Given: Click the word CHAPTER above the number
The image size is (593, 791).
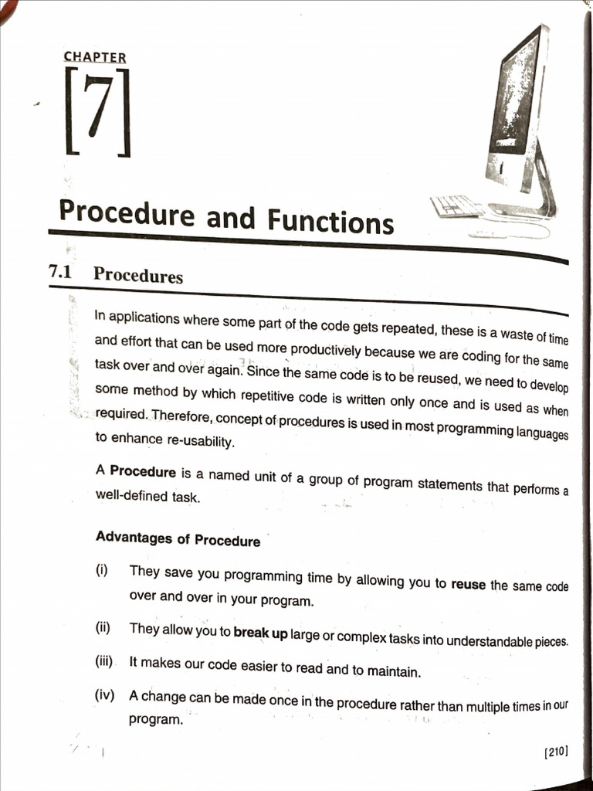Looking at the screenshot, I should click(x=95, y=57).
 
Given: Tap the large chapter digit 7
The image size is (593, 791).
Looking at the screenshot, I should click(x=97, y=113).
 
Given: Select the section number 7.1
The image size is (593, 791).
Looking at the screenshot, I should click(x=59, y=271).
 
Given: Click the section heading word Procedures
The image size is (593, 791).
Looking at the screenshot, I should click(x=137, y=275).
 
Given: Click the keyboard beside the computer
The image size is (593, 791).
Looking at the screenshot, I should click(x=457, y=206).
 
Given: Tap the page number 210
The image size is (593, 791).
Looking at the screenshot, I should click(x=556, y=751).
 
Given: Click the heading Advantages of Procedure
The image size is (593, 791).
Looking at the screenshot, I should click(x=178, y=538).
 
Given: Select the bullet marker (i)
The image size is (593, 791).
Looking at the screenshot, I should click(x=101, y=570).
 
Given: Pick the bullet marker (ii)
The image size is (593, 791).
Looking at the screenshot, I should click(x=103, y=627).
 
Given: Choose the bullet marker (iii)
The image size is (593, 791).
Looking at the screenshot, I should click(x=104, y=661).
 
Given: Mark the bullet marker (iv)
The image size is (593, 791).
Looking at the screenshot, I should click(x=104, y=694).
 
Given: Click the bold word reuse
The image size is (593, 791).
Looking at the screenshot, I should click(x=469, y=585).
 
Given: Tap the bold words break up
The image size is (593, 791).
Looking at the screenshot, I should click(x=260, y=633).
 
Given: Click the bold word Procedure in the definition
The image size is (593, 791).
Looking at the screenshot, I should click(x=143, y=470).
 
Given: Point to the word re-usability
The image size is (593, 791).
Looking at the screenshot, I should click(x=185, y=442).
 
